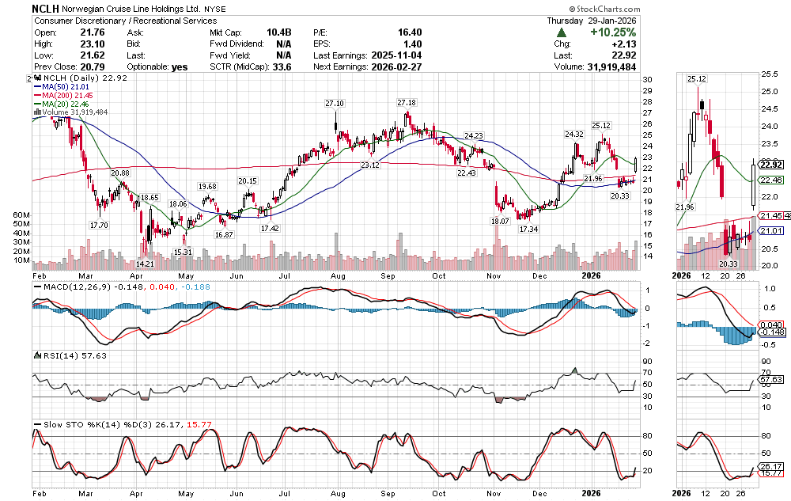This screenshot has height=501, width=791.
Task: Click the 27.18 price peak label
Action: pyautogui.click(x=407, y=103)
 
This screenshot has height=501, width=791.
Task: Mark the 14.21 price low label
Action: pyautogui.click(x=145, y=241)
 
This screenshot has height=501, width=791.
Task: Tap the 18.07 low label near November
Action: pyautogui.click(x=499, y=222)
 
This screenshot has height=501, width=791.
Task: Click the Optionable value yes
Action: pyautogui.click(x=180, y=67)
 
